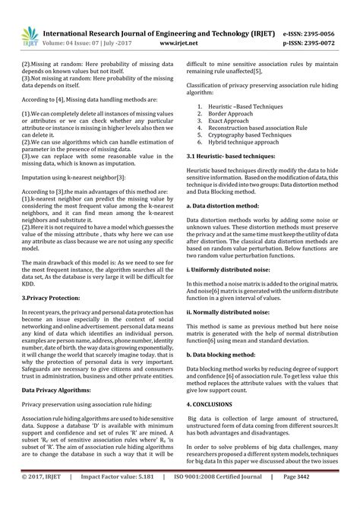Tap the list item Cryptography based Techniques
point(248,135)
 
